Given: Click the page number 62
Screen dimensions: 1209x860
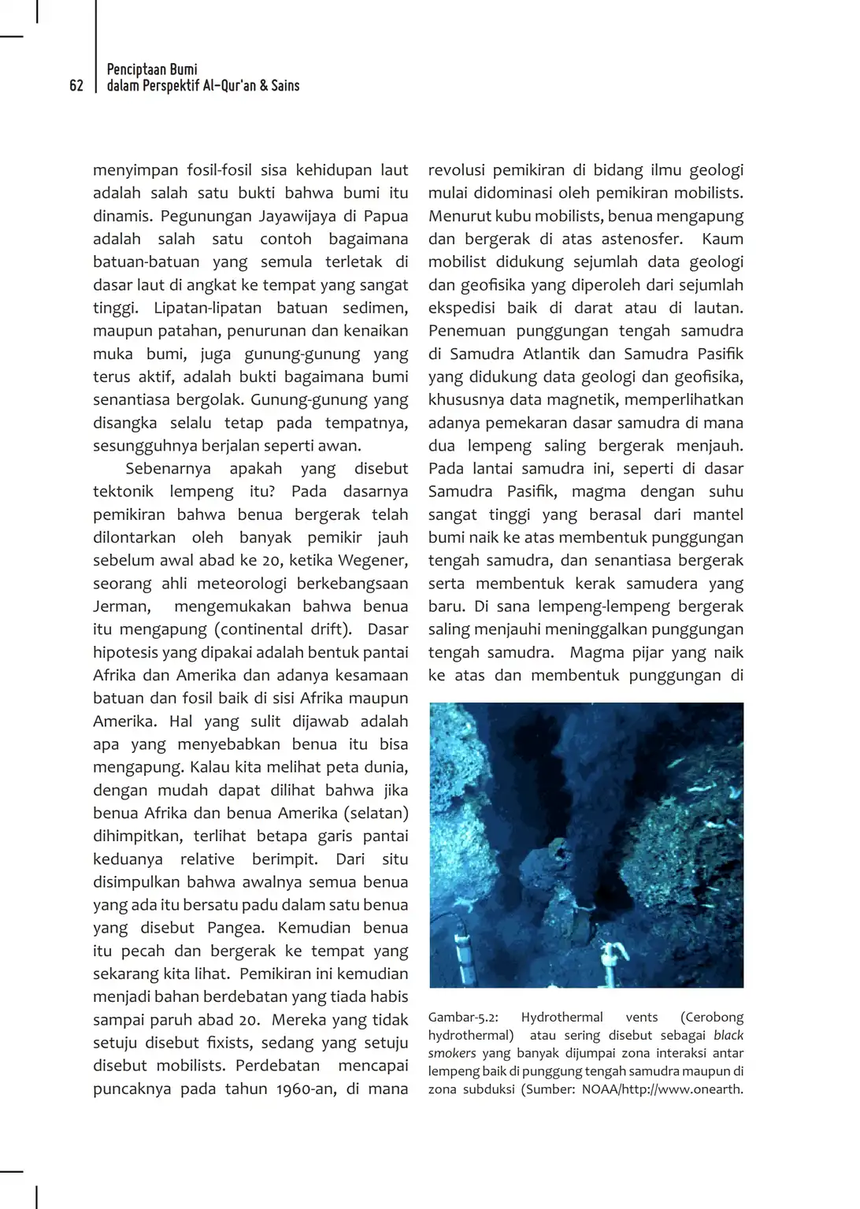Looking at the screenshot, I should (76, 86).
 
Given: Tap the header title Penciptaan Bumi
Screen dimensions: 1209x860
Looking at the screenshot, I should (152, 69).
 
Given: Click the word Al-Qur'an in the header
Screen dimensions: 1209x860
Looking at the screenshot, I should (229, 86).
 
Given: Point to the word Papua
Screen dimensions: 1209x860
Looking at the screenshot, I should (386, 216).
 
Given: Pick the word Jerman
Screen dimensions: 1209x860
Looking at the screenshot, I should (121, 606).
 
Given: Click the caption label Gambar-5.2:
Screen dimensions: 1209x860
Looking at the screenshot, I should (463, 1017).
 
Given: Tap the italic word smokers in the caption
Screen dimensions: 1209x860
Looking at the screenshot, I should (452, 1053).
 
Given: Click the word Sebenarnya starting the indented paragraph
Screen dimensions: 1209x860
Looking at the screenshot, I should (169, 469).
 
